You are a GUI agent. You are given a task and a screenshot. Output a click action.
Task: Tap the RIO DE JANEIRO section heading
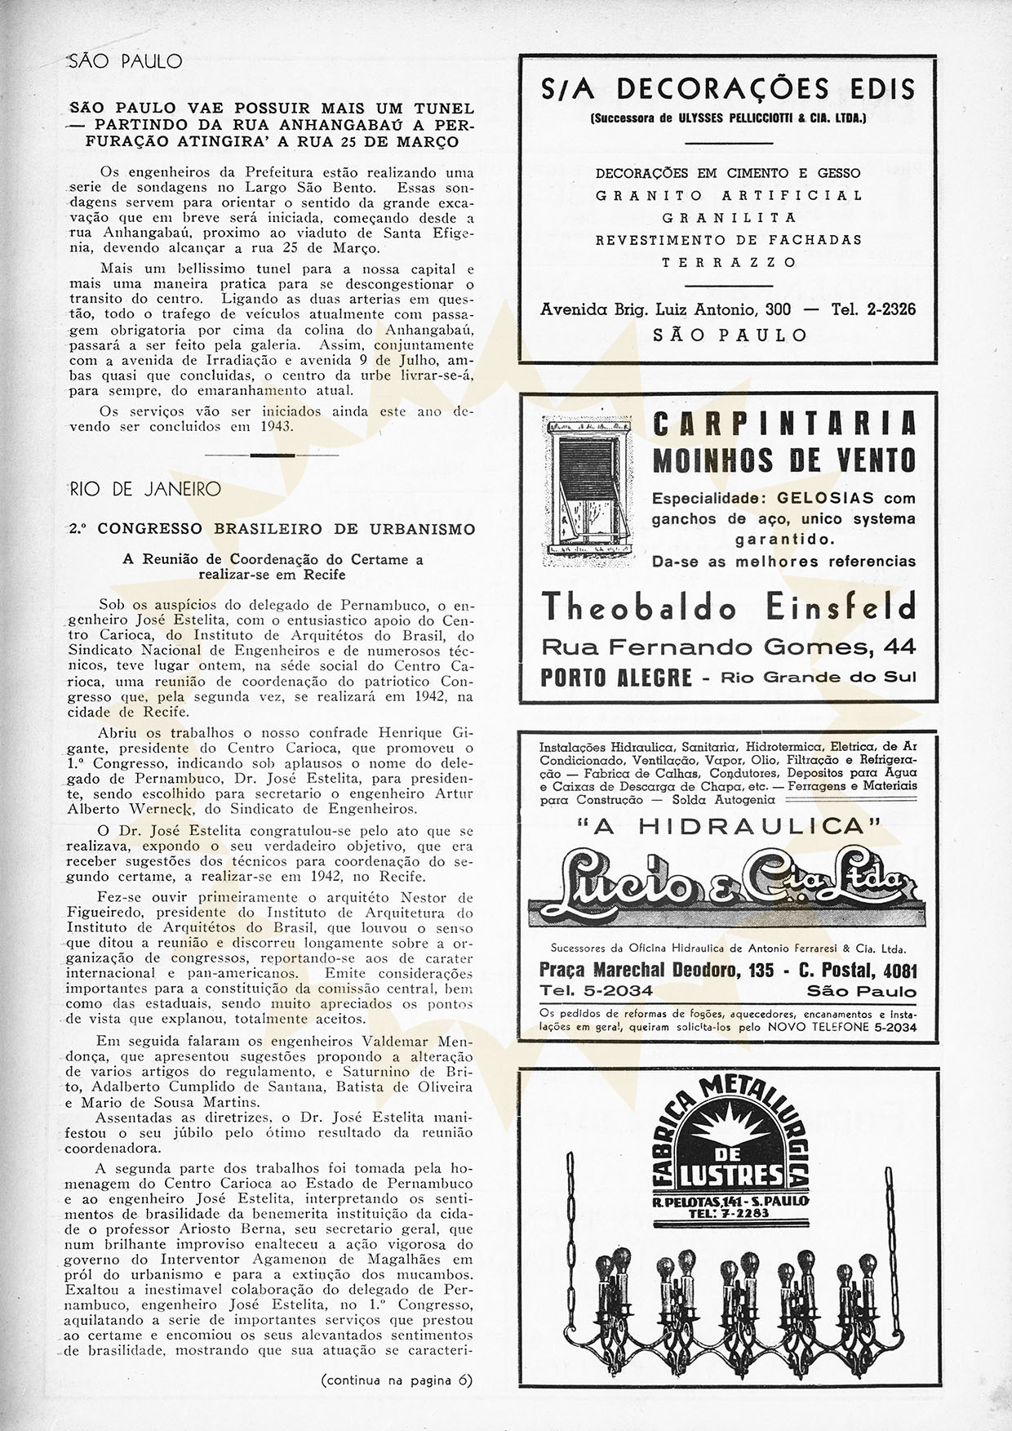point(144,490)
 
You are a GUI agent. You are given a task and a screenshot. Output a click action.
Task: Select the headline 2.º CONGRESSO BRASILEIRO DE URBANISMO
point(285,529)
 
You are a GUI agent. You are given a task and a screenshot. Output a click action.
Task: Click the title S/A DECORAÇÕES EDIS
point(727,88)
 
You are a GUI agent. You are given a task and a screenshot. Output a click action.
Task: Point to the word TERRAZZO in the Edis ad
point(729,263)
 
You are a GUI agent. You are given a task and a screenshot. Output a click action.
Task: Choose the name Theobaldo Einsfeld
point(728,607)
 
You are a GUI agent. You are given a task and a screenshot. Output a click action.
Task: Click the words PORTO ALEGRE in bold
point(616,678)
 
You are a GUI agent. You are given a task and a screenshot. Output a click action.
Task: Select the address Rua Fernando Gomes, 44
point(728,647)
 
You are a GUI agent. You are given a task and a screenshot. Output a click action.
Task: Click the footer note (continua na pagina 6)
point(397,1381)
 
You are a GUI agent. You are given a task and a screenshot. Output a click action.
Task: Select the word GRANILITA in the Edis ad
point(729,218)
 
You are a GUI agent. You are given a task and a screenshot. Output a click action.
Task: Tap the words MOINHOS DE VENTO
point(783,460)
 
